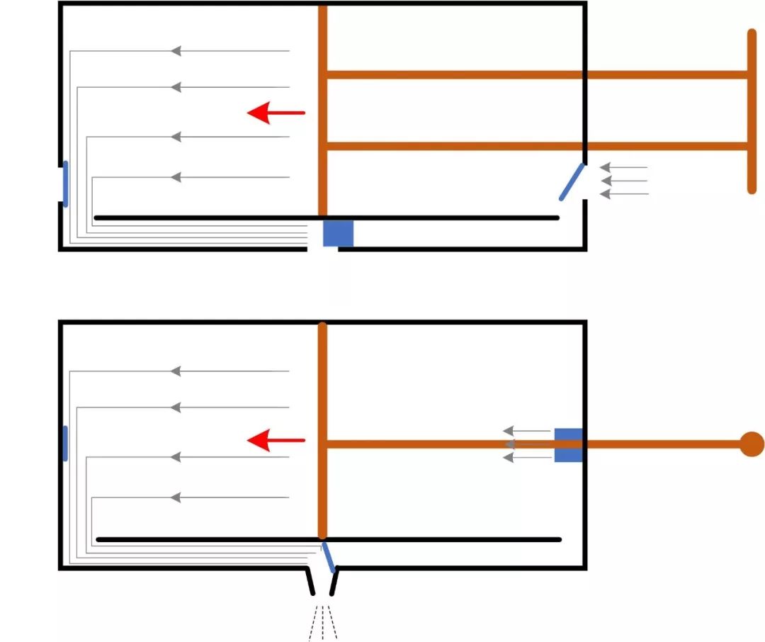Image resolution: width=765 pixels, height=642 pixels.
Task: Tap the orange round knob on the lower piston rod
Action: pyautogui.click(x=752, y=444)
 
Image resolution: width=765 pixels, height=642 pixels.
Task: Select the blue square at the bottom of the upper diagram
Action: pyautogui.click(x=338, y=233)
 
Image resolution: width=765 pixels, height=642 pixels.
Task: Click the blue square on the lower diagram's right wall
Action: pyautogui.click(x=568, y=445)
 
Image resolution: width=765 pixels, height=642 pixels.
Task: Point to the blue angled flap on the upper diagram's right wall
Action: pyautogui.click(x=572, y=182)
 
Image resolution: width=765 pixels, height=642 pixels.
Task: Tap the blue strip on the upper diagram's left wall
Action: pyautogui.click(x=66, y=184)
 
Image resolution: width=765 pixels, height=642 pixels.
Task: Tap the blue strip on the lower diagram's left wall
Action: pyautogui.click(x=66, y=444)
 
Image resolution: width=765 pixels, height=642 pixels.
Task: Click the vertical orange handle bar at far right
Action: pyautogui.click(x=752, y=111)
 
